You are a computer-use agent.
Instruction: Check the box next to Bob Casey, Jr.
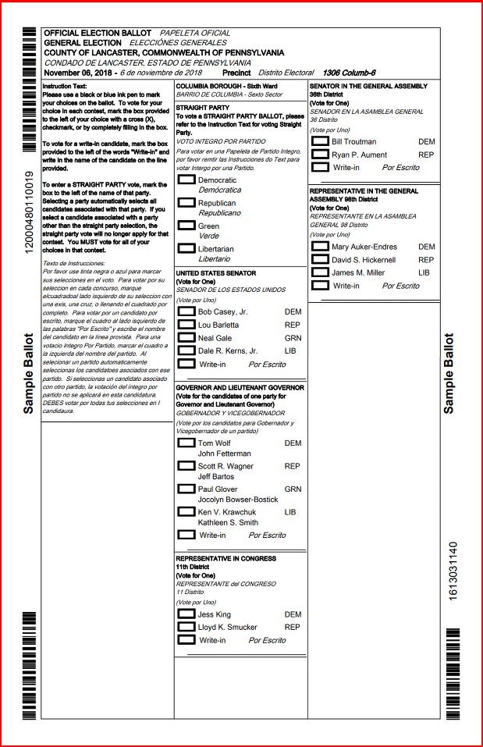pyautogui.click(x=186, y=311)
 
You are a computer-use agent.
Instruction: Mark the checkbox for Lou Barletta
pyautogui.click(x=186, y=325)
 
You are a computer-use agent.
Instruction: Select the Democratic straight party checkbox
pyautogui.click(x=186, y=180)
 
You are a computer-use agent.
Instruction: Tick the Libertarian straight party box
pyautogui.click(x=186, y=248)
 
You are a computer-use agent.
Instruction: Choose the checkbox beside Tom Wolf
pyautogui.click(x=186, y=443)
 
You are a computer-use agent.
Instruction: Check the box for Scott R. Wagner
pyautogui.click(x=186, y=465)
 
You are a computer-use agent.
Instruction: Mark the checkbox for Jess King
pyautogui.click(x=186, y=614)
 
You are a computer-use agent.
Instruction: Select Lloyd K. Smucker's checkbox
pyautogui.click(x=186, y=627)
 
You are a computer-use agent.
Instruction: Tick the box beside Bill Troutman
pyautogui.click(x=320, y=141)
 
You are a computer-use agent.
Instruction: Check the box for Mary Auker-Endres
pyautogui.click(x=320, y=247)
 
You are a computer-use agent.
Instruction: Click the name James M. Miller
pyautogui.click(x=357, y=272)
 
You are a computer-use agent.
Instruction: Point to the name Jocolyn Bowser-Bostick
pyautogui.click(x=237, y=500)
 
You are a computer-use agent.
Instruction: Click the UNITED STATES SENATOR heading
pyautogui.click(x=216, y=273)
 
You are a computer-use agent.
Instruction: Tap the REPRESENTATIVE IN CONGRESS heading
pyautogui.click(x=226, y=559)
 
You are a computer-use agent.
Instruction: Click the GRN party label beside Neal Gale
pyautogui.click(x=293, y=338)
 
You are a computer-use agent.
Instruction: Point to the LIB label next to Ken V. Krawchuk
pyautogui.click(x=290, y=512)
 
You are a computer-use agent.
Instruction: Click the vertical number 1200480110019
pyautogui.click(x=29, y=211)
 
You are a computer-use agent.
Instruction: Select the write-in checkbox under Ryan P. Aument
pyautogui.click(x=320, y=167)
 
